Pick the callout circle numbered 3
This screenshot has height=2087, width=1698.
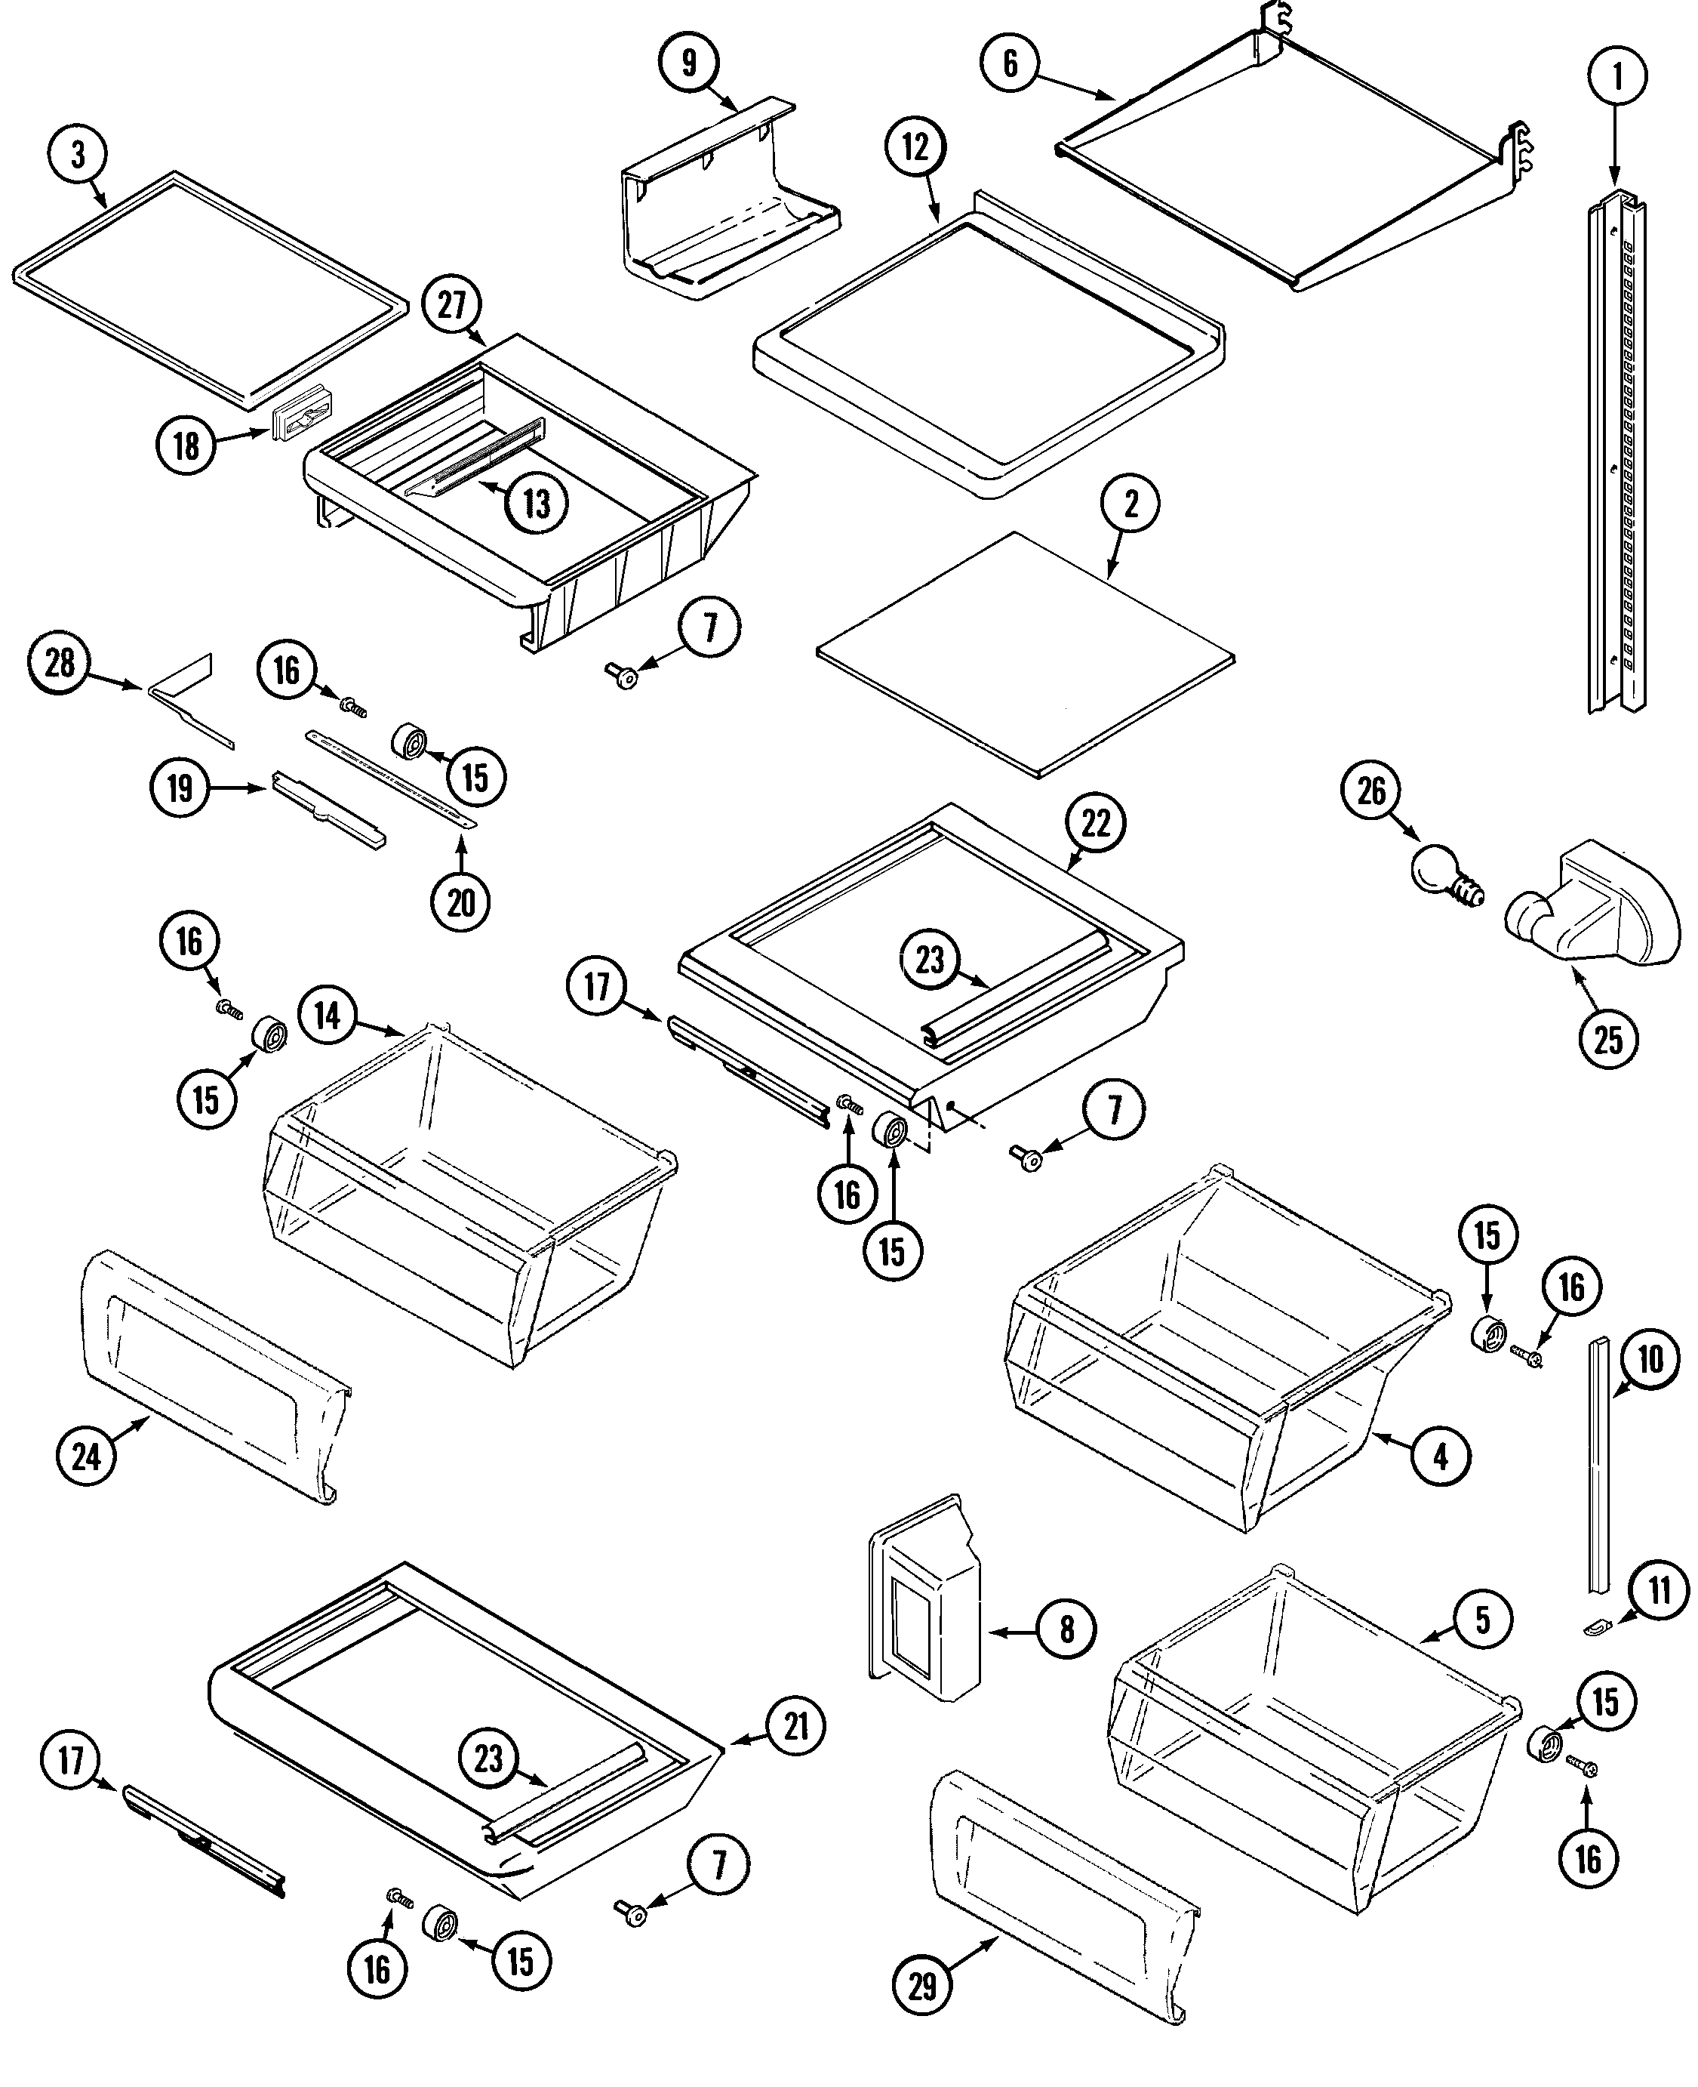coord(77,155)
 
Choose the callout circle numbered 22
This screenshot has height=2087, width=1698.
coord(1097,823)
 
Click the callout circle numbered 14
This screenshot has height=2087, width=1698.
coord(328,1016)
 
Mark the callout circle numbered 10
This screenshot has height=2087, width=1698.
coord(1650,1359)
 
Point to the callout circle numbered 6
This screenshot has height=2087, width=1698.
coord(1010,63)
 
